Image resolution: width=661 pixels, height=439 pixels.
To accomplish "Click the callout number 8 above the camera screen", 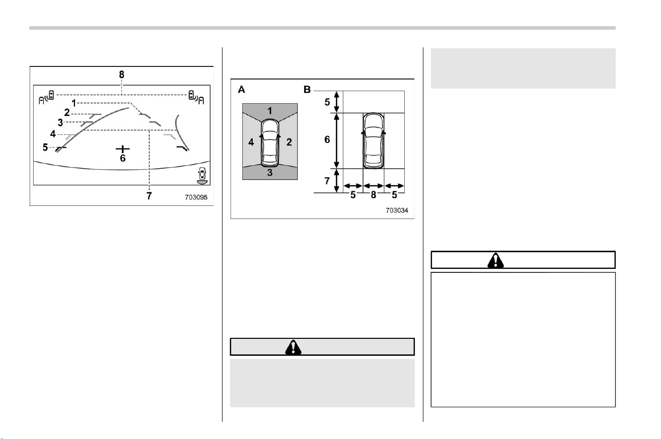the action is [x=121, y=75].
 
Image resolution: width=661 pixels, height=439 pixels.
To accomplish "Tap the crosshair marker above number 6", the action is [x=122, y=149].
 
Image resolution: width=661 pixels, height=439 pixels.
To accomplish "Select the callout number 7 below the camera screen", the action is [x=150, y=196].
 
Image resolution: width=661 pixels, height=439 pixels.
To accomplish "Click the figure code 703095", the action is [x=196, y=197].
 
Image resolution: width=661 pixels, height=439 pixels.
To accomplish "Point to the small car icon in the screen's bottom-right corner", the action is [x=202, y=176].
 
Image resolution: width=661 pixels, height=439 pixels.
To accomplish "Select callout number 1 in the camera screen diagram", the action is [x=74, y=103].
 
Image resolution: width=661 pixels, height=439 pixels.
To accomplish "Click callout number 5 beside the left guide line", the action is [x=45, y=147].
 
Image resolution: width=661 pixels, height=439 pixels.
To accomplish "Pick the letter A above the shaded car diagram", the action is [x=241, y=90].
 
